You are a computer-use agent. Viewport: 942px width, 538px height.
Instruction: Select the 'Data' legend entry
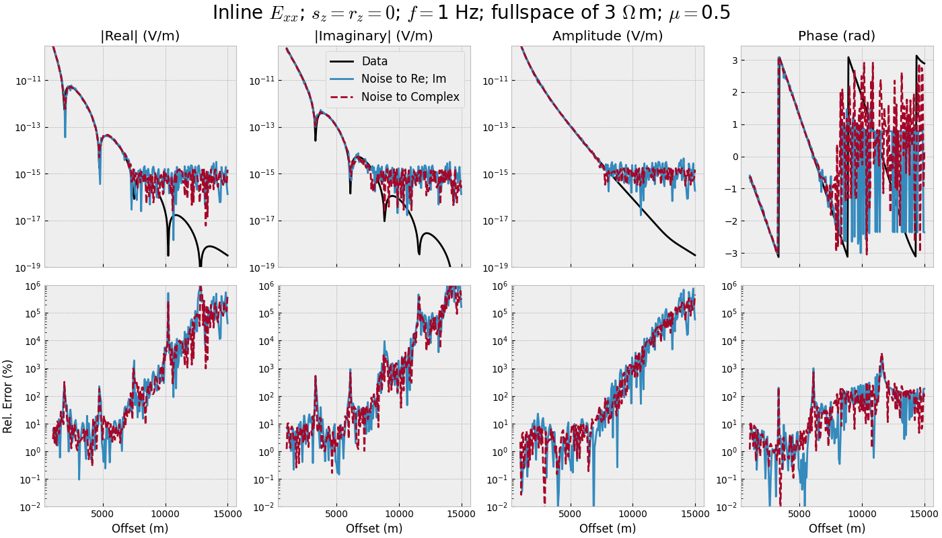374,61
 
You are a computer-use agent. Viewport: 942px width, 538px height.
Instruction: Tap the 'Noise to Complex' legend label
410,97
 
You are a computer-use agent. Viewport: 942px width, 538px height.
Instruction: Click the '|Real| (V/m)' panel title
140,36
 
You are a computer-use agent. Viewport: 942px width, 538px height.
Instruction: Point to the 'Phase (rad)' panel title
836,36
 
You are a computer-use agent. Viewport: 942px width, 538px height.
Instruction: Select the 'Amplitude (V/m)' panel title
608,36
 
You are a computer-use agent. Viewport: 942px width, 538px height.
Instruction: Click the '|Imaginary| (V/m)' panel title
373,36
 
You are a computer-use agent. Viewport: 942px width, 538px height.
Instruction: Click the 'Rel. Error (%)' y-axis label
8,396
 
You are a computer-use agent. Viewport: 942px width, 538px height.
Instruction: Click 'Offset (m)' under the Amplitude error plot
608,529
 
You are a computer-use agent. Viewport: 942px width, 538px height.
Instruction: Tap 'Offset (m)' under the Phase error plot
836,529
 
